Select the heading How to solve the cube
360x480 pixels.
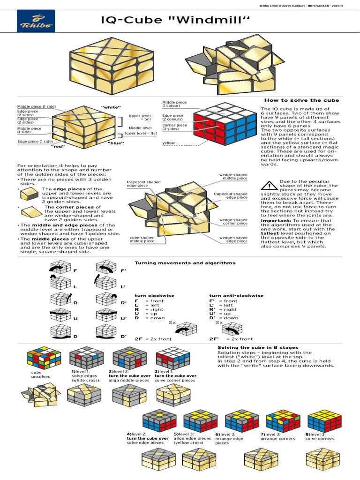coord(301,100)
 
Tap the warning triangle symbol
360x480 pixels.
coord(269,186)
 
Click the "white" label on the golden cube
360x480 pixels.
coord(111,107)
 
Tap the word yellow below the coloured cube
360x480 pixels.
coord(169,143)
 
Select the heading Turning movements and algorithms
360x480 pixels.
coord(185,263)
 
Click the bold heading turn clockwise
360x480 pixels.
coord(154,296)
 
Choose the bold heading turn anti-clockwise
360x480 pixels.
coord(236,296)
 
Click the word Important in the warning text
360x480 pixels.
coord(276,220)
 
